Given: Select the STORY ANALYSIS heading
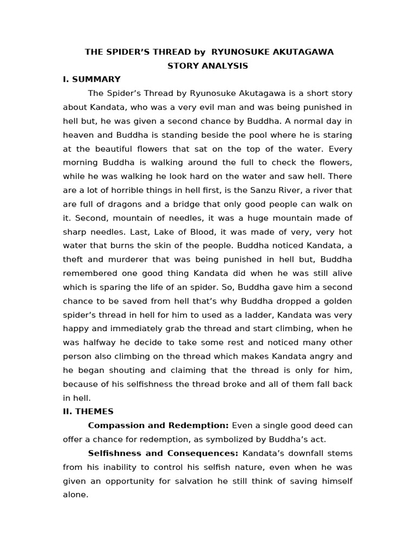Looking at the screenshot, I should [x=208, y=66].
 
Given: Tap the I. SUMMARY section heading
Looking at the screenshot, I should [x=92, y=79].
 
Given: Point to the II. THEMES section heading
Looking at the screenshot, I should [x=88, y=411].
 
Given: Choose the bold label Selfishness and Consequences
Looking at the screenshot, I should [x=163, y=453].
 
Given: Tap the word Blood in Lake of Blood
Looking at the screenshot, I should [x=199, y=232].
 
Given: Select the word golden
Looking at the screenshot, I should [x=336, y=301].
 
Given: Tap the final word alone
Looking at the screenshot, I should [x=75, y=494].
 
